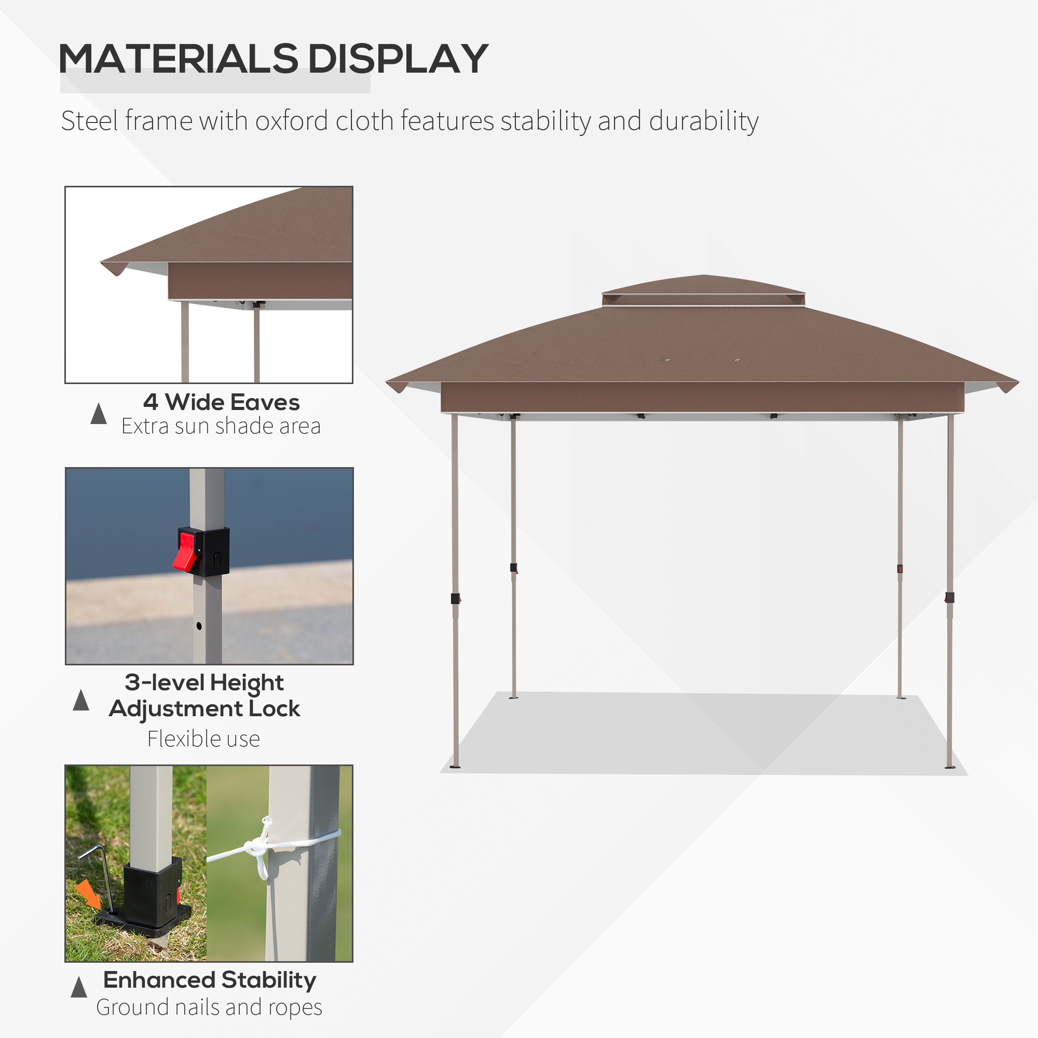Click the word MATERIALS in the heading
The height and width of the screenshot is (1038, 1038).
click(177, 59)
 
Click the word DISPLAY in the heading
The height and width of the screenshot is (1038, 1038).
click(398, 59)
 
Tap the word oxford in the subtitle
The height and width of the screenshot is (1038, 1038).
click(291, 121)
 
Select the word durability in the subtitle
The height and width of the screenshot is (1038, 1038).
click(703, 121)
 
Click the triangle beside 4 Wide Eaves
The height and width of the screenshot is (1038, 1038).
click(98, 414)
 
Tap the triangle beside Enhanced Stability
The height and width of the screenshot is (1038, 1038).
click(79, 987)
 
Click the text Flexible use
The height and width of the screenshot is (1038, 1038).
click(203, 739)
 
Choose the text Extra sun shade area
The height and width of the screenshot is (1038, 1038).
click(221, 426)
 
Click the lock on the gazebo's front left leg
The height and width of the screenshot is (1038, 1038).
click(455, 598)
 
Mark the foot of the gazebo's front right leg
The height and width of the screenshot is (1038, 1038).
click(949, 767)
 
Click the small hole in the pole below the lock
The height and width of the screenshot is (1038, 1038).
click(199, 626)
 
